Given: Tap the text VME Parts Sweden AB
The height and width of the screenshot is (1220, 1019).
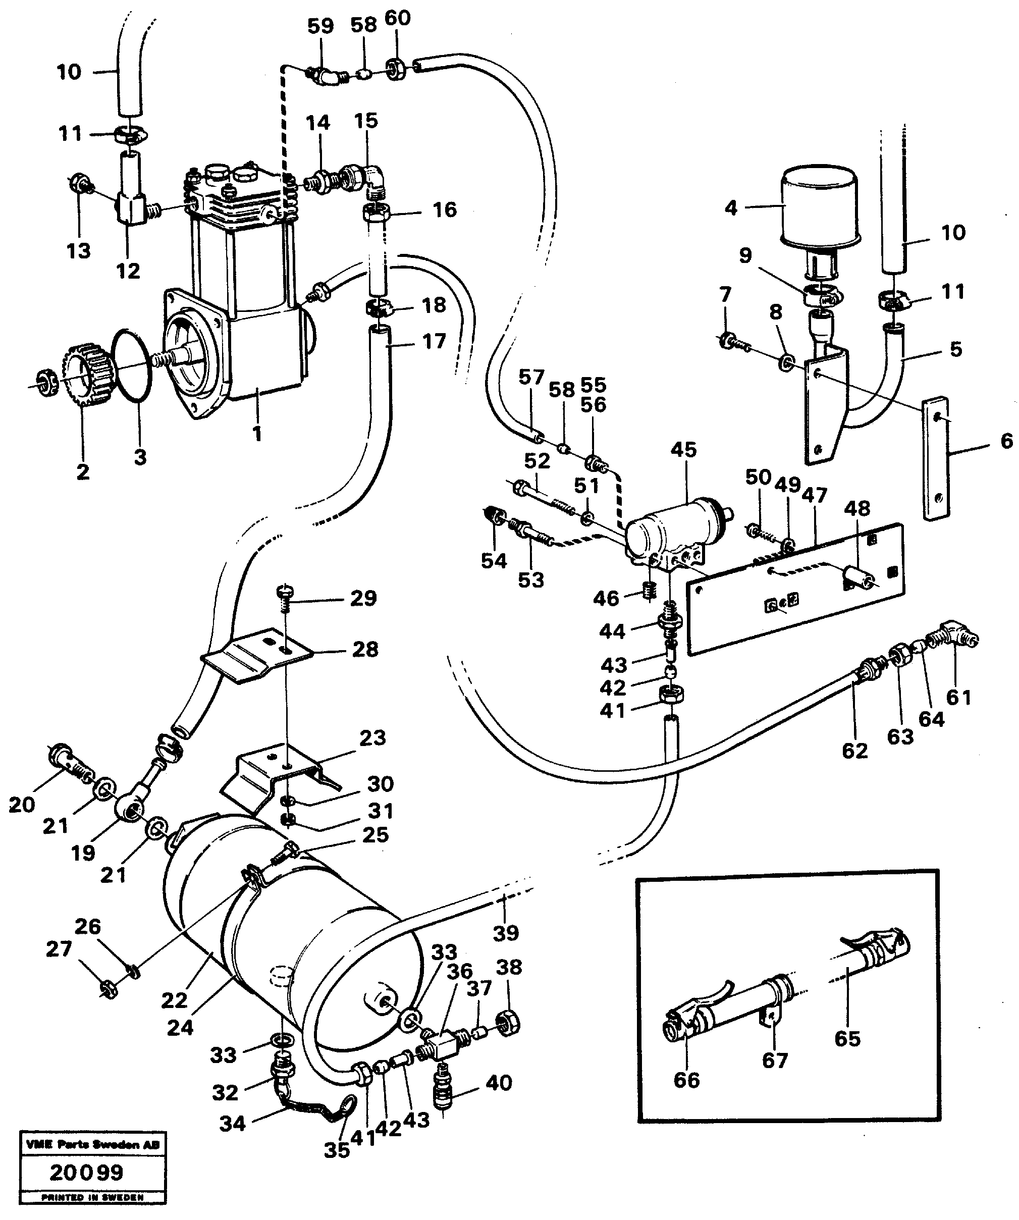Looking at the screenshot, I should [x=92, y=1144].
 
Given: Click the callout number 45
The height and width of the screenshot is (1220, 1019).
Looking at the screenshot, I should [x=683, y=450].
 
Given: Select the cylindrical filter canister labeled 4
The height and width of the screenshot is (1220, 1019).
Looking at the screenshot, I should [x=820, y=207].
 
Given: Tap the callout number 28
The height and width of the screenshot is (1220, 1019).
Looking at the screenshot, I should [x=365, y=649].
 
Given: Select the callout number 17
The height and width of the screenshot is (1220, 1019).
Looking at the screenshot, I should [x=434, y=341].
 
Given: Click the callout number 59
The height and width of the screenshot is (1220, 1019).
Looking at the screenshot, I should [x=320, y=26].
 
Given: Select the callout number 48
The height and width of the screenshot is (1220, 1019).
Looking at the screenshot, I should [x=857, y=508].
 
